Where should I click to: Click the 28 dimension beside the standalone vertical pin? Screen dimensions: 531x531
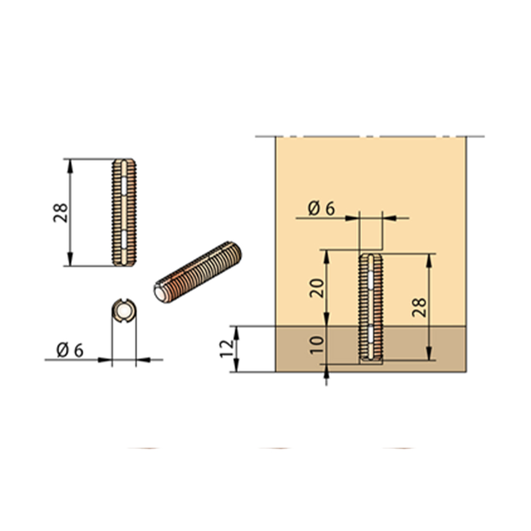click(x=60, y=212)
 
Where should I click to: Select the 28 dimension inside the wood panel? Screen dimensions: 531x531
click(x=418, y=307)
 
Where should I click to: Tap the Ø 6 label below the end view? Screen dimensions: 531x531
click(x=70, y=350)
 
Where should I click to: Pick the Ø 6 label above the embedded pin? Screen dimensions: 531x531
click(x=321, y=209)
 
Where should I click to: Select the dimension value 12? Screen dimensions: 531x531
click(x=228, y=349)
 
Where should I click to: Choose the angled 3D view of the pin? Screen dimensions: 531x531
click(x=199, y=271)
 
